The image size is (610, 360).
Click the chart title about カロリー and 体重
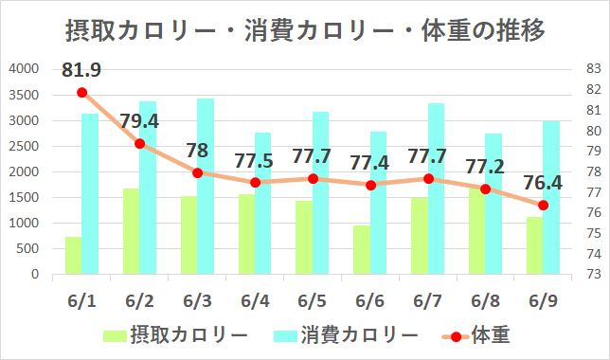pos(304,30)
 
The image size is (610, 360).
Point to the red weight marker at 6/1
pos(81,92)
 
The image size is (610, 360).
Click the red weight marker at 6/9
pos(544,205)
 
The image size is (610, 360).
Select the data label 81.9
pos(81,69)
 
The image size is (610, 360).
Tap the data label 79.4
pos(139,120)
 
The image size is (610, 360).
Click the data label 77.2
pos(486,167)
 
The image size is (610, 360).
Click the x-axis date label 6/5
pos(313,300)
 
